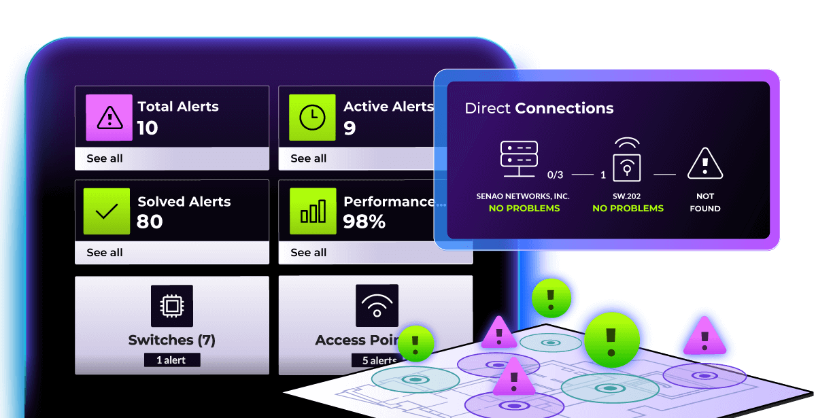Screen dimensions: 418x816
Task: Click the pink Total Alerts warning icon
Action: (108, 118)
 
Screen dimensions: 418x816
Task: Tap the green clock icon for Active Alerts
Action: (312, 118)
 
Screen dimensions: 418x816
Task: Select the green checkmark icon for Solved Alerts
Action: (106, 211)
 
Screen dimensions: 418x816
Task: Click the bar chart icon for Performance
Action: (312, 211)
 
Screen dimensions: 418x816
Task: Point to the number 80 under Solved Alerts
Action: (150, 222)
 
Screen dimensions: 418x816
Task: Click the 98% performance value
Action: (364, 222)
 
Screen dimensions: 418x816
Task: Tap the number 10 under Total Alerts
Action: (148, 128)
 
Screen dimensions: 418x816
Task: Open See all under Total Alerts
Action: (105, 158)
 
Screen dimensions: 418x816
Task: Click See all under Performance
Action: (309, 252)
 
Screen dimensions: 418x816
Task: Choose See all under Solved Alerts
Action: (105, 252)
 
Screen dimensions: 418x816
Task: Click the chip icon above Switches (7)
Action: (172, 307)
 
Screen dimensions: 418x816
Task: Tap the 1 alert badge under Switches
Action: (171, 360)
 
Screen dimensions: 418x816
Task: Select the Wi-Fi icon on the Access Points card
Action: (377, 306)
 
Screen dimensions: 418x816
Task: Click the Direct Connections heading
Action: (539, 108)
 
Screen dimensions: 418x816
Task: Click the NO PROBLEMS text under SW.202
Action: (628, 208)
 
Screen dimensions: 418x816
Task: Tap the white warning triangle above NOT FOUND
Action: (704, 164)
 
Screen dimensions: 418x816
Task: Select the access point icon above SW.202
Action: (627, 160)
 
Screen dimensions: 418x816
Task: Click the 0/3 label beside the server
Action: (556, 175)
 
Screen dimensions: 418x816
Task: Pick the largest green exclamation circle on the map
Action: (611, 340)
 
